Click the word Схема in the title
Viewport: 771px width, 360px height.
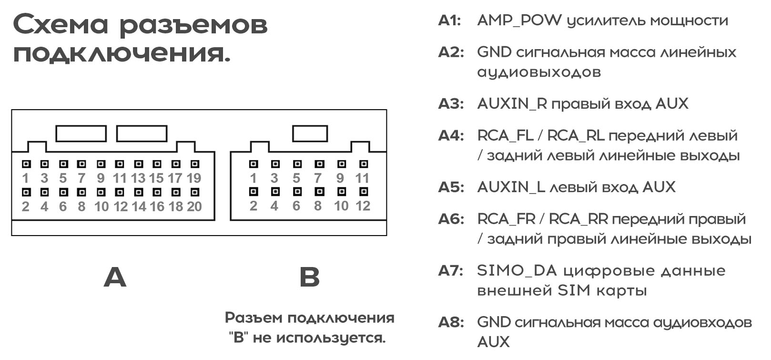click(61, 24)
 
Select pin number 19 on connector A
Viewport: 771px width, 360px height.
click(194, 178)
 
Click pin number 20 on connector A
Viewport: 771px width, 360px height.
click(194, 206)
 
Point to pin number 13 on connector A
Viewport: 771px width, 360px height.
click(138, 178)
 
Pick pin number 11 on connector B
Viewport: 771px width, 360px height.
click(362, 178)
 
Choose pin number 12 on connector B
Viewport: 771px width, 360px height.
click(363, 206)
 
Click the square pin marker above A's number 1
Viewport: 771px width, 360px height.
click(26, 164)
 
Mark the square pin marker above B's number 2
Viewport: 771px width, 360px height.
click(254, 191)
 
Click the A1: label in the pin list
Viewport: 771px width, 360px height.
click(449, 21)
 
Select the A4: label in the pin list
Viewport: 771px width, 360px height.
click(451, 136)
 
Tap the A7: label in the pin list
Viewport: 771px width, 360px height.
click(451, 271)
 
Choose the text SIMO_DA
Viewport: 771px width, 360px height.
click(517, 271)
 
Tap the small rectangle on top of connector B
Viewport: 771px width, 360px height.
click(310, 134)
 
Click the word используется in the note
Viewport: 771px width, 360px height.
click(331, 338)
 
